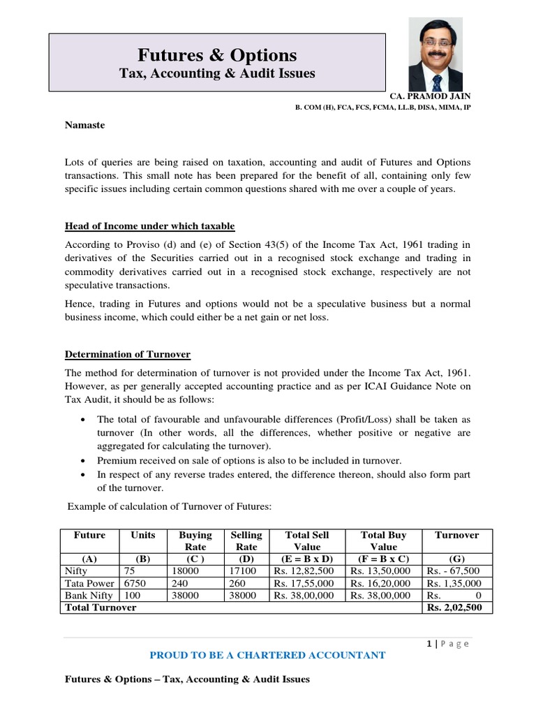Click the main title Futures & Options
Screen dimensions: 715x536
pos(217,55)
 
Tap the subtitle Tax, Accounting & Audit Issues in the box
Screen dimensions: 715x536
pos(217,73)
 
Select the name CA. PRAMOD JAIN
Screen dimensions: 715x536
pos(431,96)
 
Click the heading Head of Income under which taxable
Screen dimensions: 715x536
pos(149,226)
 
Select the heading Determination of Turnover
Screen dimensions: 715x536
pos(127,355)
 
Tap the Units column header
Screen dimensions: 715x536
pos(143,535)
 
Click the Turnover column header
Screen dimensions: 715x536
pos(457,535)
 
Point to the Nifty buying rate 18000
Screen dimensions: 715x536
pos(184,570)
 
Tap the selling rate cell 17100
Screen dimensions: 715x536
pos(245,570)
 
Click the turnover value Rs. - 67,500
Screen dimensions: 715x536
pos(454,570)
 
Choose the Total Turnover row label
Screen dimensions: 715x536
pos(100,607)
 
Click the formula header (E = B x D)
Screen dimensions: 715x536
pos(306,559)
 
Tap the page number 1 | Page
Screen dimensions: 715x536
pos(448,644)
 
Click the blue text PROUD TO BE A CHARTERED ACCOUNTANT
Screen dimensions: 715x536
pos(268,655)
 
